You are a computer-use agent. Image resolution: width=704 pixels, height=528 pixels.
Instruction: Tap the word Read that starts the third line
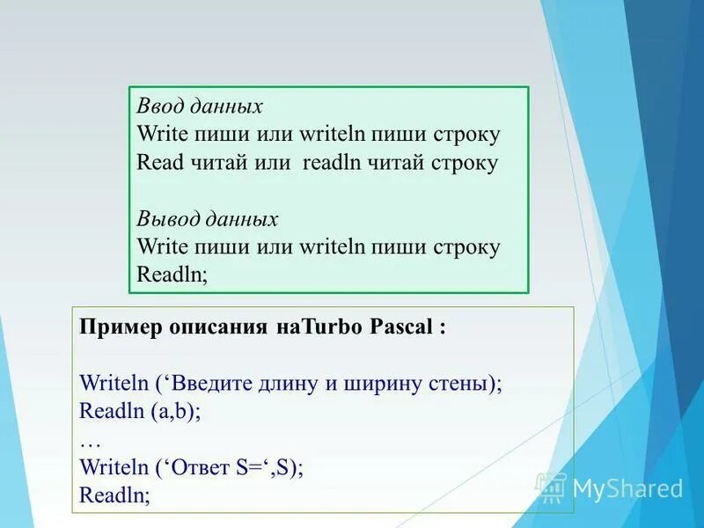click(158, 163)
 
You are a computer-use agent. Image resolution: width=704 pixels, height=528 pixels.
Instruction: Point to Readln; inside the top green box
click(172, 275)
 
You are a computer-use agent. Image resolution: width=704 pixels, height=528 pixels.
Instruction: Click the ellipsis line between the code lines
click(88, 439)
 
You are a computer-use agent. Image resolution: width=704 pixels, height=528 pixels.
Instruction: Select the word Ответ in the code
click(201, 467)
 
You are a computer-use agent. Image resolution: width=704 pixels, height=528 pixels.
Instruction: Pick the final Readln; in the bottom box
click(114, 495)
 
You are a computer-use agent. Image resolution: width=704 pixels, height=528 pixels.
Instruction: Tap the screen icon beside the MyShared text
click(552, 488)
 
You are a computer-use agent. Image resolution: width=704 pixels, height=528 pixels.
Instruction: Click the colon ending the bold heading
click(442, 329)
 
